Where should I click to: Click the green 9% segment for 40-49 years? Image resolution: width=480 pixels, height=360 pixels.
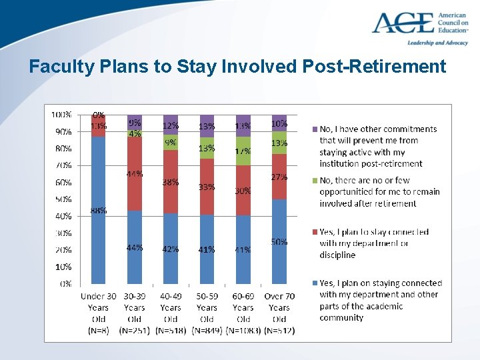click(x=171, y=142)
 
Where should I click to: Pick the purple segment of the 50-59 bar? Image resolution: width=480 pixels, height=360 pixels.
click(x=207, y=126)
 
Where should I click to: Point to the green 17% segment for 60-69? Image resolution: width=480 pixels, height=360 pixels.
click(x=243, y=151)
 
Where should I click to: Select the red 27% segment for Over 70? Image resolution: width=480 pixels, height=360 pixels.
click(x=279, y=177)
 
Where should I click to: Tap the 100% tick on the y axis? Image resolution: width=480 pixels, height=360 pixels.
click(x=62, y=115)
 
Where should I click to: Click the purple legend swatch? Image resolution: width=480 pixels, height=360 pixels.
click(x=315, y=129)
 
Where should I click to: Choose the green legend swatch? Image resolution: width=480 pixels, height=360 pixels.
click(x=315, y=181)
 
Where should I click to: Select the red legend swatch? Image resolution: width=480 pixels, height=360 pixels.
click(x=315, y=232)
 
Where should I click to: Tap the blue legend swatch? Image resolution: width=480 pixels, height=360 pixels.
click(x=315, y=283)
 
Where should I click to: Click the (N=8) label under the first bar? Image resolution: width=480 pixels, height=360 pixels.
click(x=99, y=330)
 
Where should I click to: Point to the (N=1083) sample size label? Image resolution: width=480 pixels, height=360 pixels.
click(x=243, y=330)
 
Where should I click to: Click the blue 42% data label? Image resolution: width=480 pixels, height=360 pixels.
click(x=171, y=249)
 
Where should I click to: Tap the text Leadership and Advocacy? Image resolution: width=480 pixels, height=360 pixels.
click(x=437, y=43)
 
